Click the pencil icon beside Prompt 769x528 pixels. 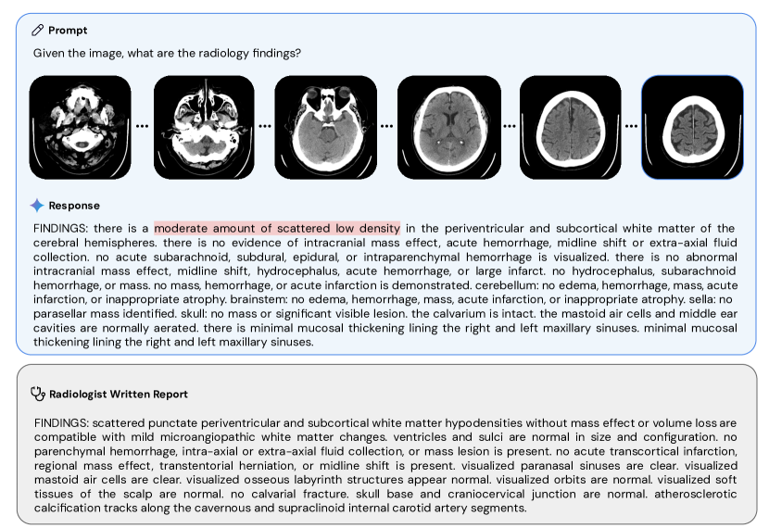pos(38,31)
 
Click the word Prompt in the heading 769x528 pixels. pos(68,31)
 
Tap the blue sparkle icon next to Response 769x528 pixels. pos(37,205)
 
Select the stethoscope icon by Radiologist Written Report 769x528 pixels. pos(38,393)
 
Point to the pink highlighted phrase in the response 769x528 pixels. pos(277,228)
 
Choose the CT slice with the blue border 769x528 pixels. pos(692,126)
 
